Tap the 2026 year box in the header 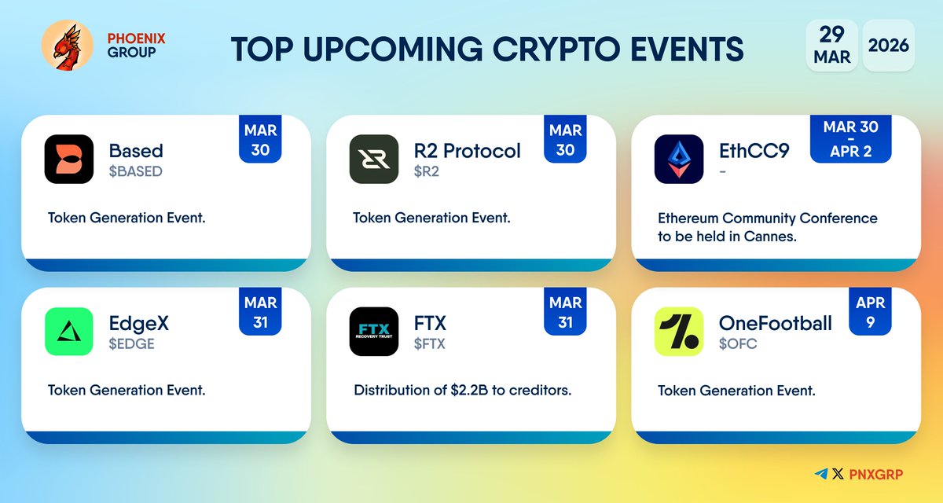pyautogui.click(x=888, y=46)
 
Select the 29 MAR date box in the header pyautogui.click(x=831, y=46)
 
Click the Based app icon pyautogui.click(x=69, y=160)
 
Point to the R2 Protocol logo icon pyautogui.click(x=374, y=160)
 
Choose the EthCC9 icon pyautogui.click(x=679, y=160)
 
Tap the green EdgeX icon pyautogui.click(x=69, y=331)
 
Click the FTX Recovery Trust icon pyautogui.click(x=374, y=331)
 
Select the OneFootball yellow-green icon pyautogui.click(x=679, y=331)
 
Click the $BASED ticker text pyautogui.click(x=135, y=171)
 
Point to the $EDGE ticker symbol pyautogui.click(x=132, y=343)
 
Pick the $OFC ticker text pyautogui.click(x=738, y=343)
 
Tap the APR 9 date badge pyautogui.click(x=870, y=312)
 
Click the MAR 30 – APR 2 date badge pyautogui.click(x=851, y=139)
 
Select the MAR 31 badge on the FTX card pyautogui.click(x=565, y=312)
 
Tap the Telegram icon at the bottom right pyautogui.click(x=821, y=474)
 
